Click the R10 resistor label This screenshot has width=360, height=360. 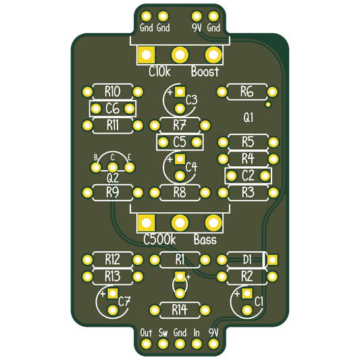point(113,92)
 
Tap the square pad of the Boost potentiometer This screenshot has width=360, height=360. point(147,55)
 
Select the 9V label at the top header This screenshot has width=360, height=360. point(197,28)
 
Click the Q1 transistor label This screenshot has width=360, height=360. point(248,118)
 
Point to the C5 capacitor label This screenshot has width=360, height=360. point(180,142)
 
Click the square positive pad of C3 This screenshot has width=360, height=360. point(180,92)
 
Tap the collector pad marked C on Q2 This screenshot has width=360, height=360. point(113,168)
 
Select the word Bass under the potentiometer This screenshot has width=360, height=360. point(205,240)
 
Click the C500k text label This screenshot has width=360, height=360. point(159,240)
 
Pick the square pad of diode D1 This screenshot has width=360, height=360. point(272,260)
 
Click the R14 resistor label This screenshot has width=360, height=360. point(180,310)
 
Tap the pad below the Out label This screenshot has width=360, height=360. point(146,344)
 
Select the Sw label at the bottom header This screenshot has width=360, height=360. point(163,333)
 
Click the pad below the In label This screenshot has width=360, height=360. point(197,344)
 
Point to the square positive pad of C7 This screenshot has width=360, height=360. point(113,293)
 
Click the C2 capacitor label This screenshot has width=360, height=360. point(248,176)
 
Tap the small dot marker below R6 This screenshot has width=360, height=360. point(268,105)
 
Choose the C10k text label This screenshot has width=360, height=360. point(159,72)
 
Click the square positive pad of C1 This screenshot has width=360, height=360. point(247,293)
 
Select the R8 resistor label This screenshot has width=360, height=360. point(180,192)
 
